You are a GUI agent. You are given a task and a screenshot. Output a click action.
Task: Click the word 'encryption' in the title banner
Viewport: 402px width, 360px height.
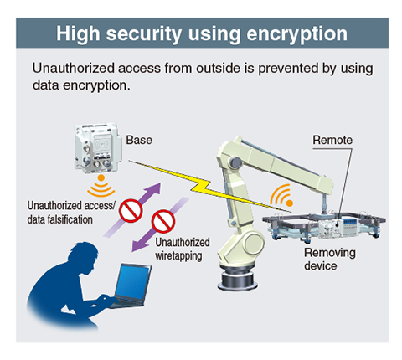[296, 34]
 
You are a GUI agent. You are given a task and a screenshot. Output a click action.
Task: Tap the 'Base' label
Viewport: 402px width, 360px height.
[139, 140]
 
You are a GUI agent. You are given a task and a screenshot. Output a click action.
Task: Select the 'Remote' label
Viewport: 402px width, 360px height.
[332, 140]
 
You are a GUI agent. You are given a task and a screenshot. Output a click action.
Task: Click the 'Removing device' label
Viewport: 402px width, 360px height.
[330, 259]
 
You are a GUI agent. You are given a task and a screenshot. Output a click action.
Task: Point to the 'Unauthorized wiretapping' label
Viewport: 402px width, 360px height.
[183, 249]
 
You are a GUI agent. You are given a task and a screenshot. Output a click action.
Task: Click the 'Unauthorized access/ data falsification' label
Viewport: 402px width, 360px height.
[71, 213]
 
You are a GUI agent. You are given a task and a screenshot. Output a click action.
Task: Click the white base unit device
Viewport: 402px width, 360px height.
[98, 148]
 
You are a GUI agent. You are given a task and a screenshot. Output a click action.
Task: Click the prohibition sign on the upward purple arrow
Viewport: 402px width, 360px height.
[131, 211]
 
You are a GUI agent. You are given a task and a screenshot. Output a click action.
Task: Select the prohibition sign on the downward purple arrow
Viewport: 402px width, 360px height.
[163, 221]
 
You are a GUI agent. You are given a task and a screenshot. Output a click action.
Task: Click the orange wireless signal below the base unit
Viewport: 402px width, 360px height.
[101, 186]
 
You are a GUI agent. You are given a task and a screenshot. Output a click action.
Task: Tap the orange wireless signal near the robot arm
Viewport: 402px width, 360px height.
[281, 195]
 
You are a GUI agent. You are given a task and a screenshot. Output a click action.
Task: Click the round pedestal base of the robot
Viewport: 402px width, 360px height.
[238, 278]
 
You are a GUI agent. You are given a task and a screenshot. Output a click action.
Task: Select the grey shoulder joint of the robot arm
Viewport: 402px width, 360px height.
[236, 162]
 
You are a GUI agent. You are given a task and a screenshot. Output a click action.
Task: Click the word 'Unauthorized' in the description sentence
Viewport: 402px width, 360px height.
[74, 69]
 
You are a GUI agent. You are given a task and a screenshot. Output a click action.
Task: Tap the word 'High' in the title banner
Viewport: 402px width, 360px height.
[78, 34]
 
